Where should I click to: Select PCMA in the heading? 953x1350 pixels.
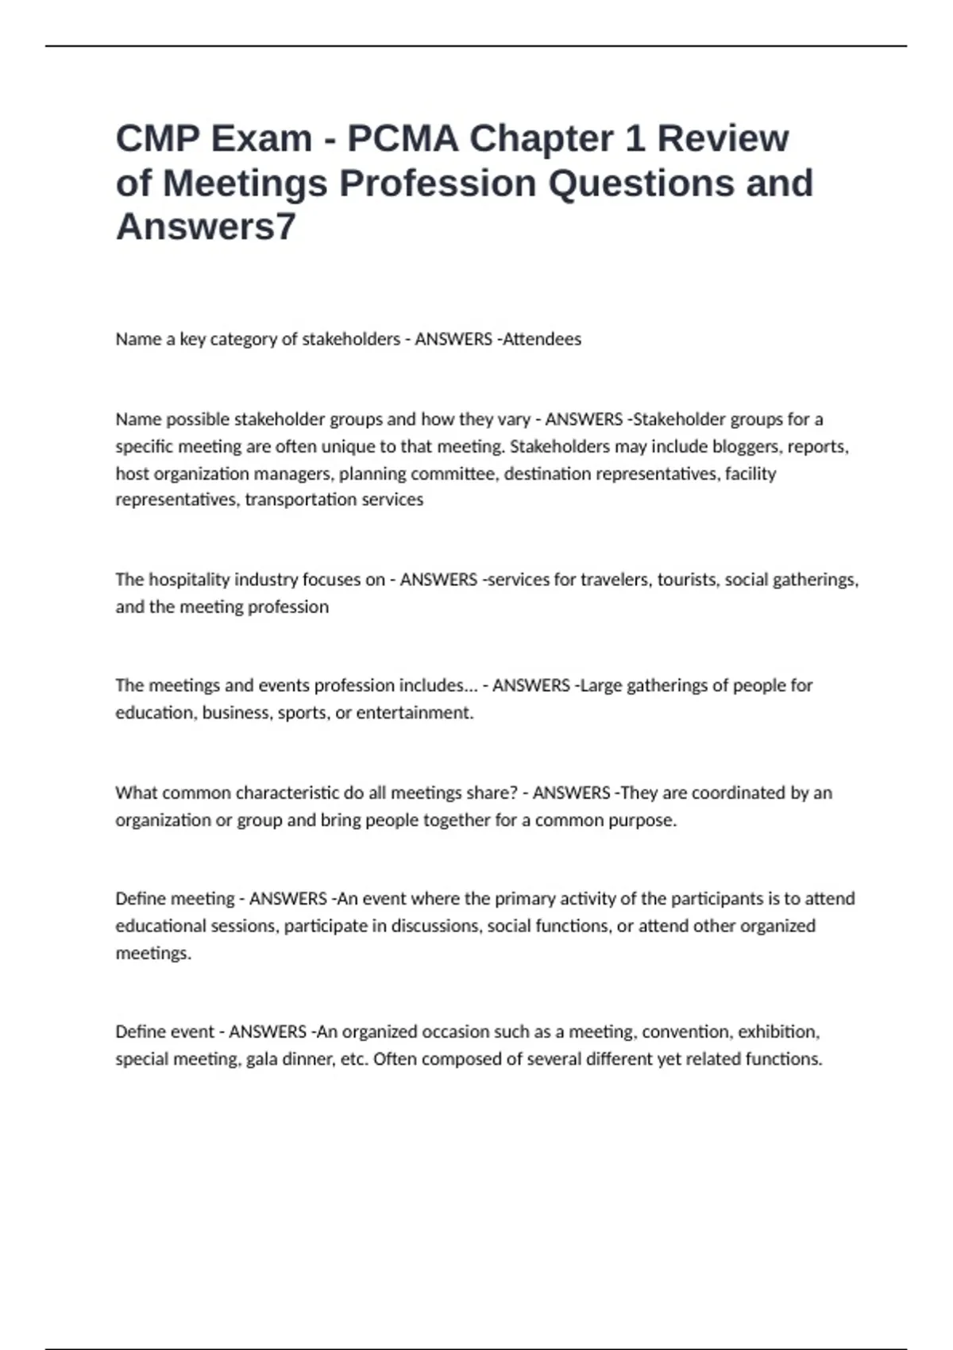(403, 139)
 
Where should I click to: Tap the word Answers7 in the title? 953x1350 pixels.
(206, 226)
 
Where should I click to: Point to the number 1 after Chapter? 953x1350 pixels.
(635, 139)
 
